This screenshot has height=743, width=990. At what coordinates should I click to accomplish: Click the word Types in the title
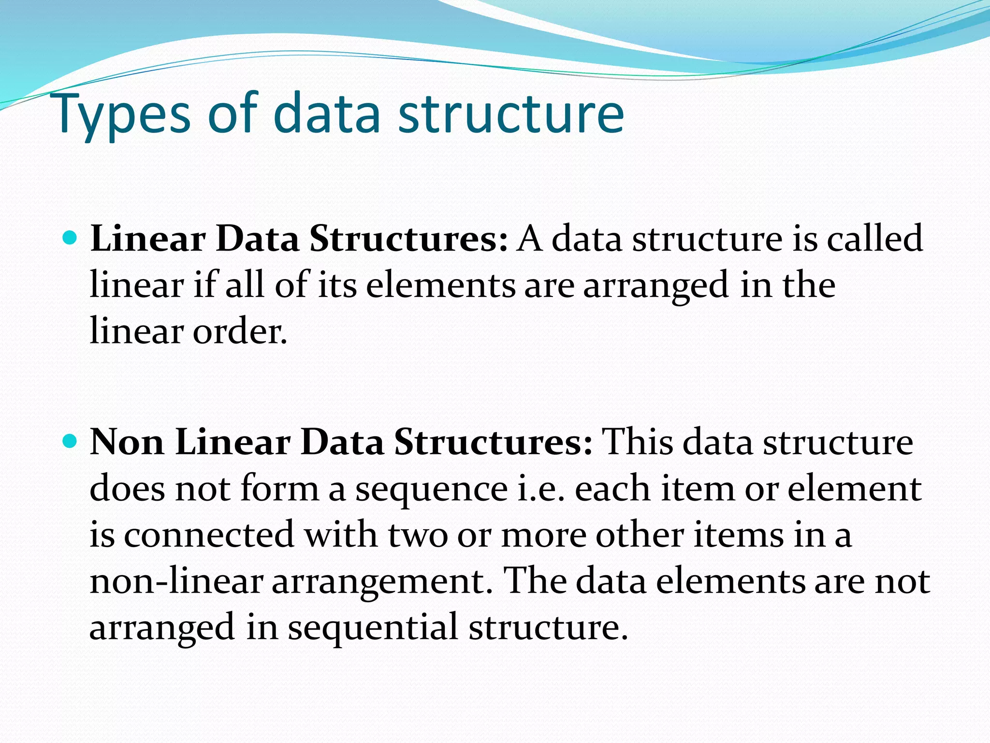[x=124, y=115]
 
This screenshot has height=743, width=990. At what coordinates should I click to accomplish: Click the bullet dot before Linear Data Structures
[x=71, y=238]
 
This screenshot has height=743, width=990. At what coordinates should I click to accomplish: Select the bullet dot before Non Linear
[x=71, y=441]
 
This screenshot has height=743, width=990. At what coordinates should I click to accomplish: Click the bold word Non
[x=127, y=442]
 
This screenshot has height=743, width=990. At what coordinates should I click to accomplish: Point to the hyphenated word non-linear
[x=176, y=581]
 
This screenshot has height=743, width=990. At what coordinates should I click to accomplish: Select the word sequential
[x=373, y=628]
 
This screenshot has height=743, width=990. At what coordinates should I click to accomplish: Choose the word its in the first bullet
[x=337, y=285]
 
